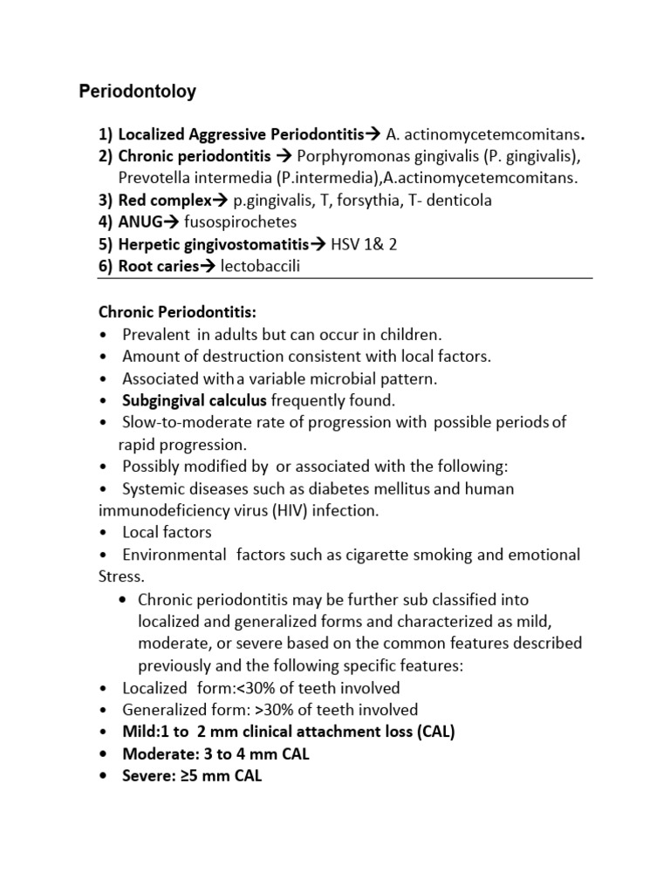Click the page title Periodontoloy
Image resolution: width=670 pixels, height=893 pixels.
[138, 91]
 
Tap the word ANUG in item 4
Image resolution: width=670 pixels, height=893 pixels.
[140, 222]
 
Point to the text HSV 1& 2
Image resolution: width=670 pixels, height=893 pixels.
[364, 244]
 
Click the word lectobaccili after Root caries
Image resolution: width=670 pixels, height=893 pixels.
[260, 266]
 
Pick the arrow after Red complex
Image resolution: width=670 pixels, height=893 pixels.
[222, 201]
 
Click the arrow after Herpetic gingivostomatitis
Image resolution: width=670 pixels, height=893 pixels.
[319, 244]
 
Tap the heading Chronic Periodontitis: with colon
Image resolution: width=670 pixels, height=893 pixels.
[177, 311]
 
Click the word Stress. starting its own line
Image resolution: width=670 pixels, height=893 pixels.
[121, 576]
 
